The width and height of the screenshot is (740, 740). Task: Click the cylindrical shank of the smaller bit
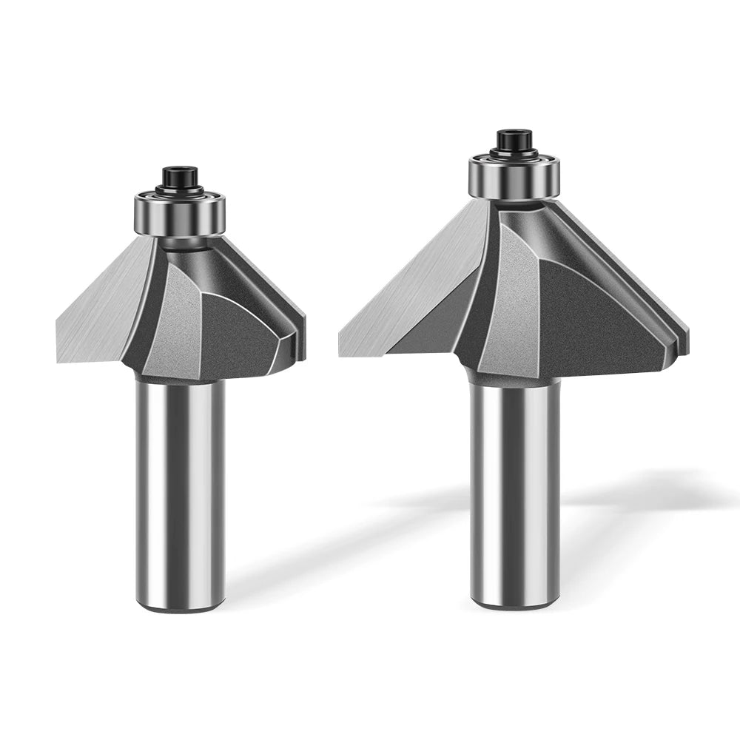click(180, 488)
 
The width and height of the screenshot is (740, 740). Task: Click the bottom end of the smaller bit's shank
click(180, 607)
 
